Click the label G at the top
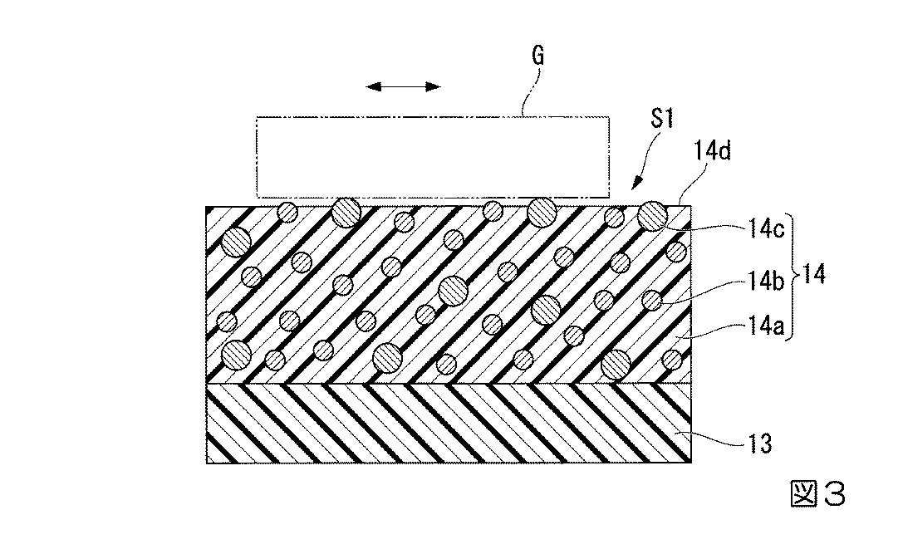[537, 56]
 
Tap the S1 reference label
[662, 119]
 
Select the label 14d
[713, 151]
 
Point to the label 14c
[766, 229]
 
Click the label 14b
[766, 282]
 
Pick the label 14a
[766, 326]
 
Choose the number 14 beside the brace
[814, 274]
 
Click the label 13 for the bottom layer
[759, 444]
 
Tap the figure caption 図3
[817, 493]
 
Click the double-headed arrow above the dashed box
[403, 87]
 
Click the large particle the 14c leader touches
[652, 216]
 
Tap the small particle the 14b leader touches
[652, 300]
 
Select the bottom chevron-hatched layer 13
[449, 424]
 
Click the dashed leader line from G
[531, 91]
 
